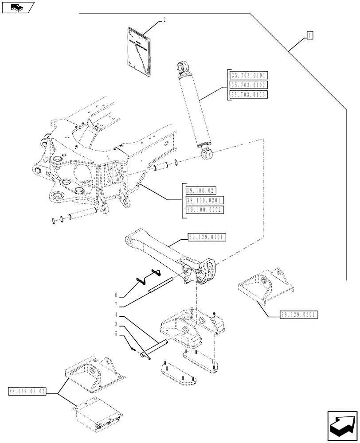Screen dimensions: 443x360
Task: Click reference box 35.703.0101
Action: [249, 75]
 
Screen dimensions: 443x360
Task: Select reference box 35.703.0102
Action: [249, 85]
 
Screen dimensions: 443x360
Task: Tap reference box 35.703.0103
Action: [249, 94]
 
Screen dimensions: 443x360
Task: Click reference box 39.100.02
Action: [200, 191]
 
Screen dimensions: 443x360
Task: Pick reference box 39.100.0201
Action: [204, 200]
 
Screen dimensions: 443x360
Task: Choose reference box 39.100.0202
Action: [204, 210]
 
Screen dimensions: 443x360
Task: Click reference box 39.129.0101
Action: [207, 238]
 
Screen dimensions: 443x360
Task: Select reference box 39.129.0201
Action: [299, 315]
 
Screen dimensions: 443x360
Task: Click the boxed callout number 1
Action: [309, 35]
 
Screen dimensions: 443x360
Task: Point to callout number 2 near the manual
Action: [164, 20]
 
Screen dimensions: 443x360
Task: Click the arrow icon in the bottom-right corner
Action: [342, 425]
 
